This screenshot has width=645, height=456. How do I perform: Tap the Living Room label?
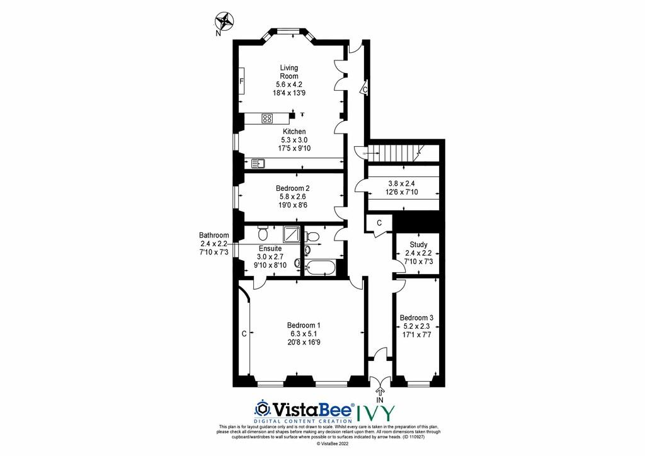[x=289, y=72]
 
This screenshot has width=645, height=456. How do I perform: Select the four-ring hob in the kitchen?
[x=267, y=118]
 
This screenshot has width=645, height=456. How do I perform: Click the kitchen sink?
[x=258, y=163]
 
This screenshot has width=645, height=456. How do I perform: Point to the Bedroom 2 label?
[x=292, y=188]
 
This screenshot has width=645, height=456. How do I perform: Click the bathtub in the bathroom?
[x=320, y=268]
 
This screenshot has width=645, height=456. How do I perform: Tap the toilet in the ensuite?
[x=263, y=233]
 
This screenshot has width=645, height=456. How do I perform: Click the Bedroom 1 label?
[x=304, y=325]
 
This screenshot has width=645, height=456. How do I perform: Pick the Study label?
[x=418, y=244]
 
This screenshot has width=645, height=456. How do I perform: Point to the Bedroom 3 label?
[x=416, y=318]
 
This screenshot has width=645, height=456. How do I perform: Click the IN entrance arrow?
[x=379, y=392]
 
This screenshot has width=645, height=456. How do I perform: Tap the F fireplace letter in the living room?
[x=242, y=81]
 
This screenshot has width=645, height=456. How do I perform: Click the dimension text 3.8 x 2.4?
[x=401, y=183]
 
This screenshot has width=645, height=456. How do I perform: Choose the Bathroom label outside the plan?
[x=214, y=236]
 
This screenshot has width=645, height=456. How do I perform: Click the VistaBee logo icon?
[x=262, y=409]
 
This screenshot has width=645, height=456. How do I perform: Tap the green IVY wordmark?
[x=375, y=413]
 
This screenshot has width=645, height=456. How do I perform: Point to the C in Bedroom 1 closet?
[x=244, y=334]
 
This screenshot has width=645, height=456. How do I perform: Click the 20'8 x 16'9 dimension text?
[x=304, y=342]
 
